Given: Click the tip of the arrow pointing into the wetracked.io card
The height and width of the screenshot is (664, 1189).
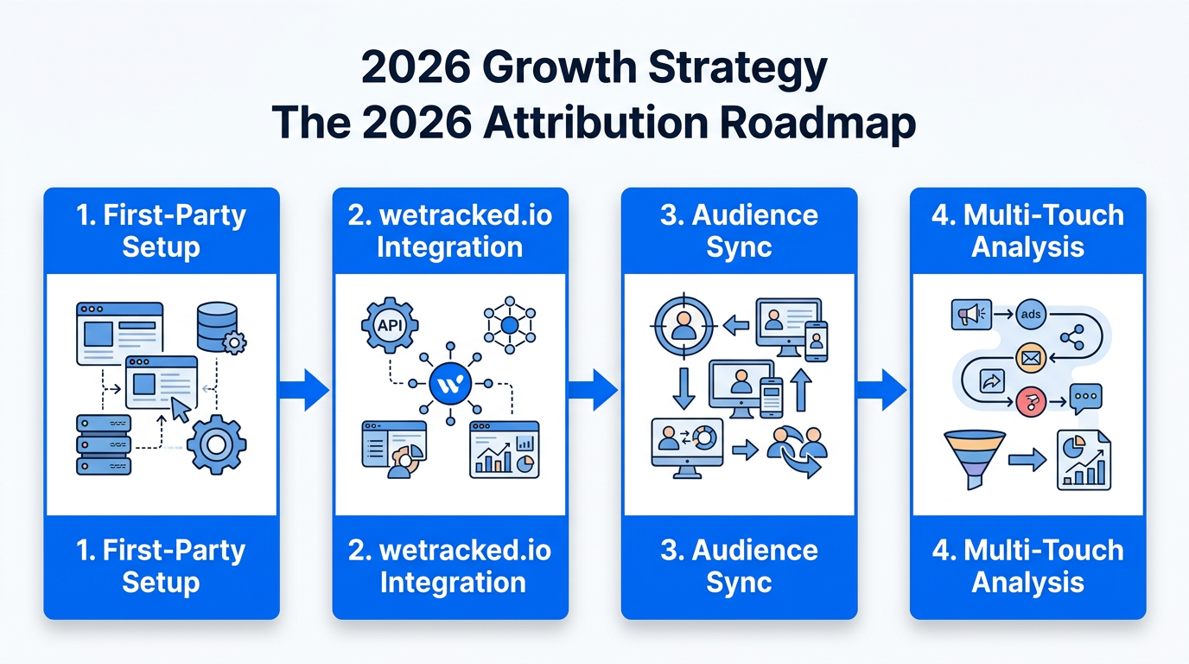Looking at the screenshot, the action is coord(329,391).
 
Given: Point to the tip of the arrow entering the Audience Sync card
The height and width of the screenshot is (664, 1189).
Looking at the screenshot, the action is coord(619,391).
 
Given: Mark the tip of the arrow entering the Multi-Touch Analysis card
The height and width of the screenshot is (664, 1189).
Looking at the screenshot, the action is coord(907,391).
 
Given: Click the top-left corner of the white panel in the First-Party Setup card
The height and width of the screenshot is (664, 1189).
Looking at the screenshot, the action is coord(48,275).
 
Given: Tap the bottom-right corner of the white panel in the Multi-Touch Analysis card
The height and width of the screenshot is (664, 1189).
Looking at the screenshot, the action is coord(1142,514).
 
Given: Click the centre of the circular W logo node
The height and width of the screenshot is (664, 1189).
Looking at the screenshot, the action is coord(450,384).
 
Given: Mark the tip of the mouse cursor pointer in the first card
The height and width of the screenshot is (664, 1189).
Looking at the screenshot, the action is coord(172,399).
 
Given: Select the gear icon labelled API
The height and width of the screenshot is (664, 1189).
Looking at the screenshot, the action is coord(390,325).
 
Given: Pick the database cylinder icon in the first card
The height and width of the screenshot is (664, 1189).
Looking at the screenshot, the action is coord(217,327).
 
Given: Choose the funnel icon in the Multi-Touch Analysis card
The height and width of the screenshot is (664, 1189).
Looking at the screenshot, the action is coord(975,459).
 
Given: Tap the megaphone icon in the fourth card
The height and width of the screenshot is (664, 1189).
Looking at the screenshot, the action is coord(971,315).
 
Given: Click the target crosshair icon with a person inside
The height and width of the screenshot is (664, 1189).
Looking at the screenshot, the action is coord(684,325).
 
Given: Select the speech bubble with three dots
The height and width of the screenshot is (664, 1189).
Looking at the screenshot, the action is coord(1086,399).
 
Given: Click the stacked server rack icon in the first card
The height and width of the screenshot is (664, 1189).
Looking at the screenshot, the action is coord(104,445).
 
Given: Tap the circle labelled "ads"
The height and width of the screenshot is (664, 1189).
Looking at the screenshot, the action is coord(1031,314).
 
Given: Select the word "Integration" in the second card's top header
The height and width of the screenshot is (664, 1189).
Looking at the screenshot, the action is coord(450,247).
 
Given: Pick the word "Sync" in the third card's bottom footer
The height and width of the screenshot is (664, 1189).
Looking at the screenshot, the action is coord(739,583).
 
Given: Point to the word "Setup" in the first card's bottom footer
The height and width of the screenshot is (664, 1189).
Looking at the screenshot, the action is coord(162,583).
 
